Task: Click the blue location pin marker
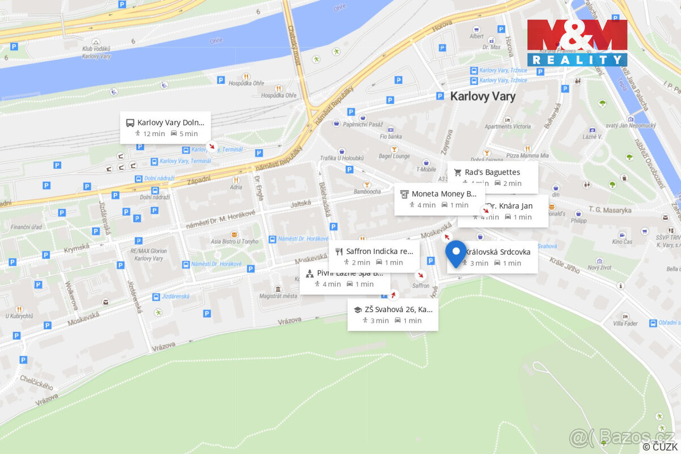pos(456,253)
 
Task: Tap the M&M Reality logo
pos(577,43)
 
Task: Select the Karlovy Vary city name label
pos(482,96)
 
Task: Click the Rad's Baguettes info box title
pos(492,172)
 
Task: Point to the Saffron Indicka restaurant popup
pos(379,251)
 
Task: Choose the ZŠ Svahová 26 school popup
pos(398,309)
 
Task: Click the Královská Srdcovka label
pos(498,251)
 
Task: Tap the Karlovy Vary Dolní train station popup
pos(170,122)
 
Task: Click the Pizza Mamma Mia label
pos(527,155)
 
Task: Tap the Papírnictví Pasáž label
pos(363,124)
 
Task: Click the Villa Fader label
pos(625,324)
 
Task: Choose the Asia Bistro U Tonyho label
pos(234,242)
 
